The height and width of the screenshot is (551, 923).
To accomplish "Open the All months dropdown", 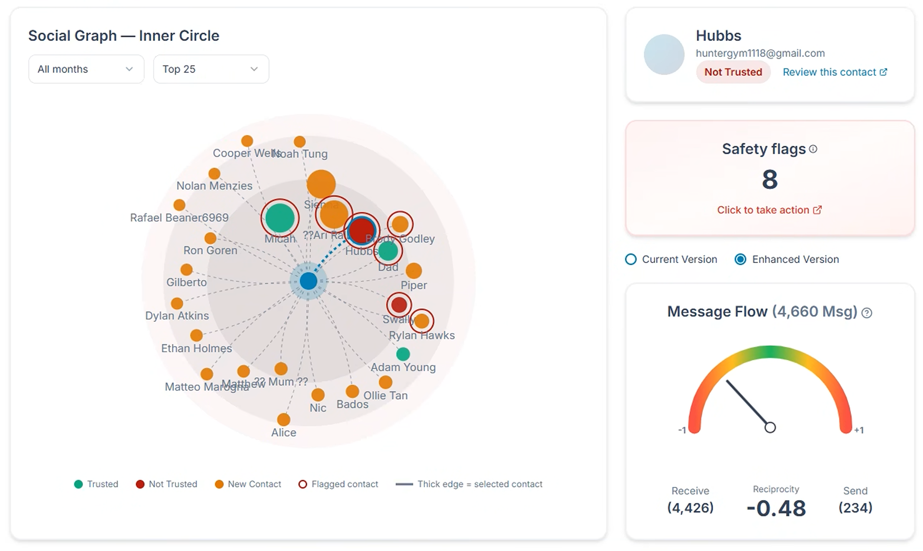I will coord(86,69).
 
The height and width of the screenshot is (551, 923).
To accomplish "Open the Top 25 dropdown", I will coord(211,69).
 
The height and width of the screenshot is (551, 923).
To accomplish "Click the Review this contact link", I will coord(835,72).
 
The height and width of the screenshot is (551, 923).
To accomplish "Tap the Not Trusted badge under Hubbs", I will coord(733,72).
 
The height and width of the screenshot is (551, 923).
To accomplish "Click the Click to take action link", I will coord(769,210).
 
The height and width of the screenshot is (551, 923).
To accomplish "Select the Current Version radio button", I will coord(631,259).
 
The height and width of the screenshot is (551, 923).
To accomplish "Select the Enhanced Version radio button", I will coord(740,259).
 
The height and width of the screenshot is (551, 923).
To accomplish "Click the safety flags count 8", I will coord(769,180).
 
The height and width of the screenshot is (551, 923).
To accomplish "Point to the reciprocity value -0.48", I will coord(776,508).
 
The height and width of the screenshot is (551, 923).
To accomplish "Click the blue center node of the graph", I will coord(308,281).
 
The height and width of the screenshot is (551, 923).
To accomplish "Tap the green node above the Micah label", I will coord(280,218).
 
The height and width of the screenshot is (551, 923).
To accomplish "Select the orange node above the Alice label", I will coord(284,420).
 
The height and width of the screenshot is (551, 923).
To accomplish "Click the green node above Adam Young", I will coord(403,354).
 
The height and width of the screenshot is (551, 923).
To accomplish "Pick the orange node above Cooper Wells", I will coord(247,141).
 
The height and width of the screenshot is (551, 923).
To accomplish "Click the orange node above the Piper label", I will coord(414,270).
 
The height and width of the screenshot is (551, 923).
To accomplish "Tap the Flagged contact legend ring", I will coord(303,484).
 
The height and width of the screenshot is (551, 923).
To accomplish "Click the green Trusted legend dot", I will coord(78,484).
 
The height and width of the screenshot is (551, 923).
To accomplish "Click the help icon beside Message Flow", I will coord(867,313).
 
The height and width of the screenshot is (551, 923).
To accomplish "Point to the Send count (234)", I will coord(855,508).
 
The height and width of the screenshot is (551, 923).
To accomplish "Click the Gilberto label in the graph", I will coord(187,283).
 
